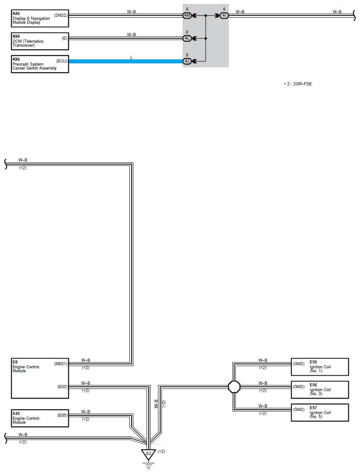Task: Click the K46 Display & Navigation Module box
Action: (40, 18)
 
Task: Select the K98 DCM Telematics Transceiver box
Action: (40, 41)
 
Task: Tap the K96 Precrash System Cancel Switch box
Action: (40, 64)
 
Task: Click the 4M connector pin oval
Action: (187, 15)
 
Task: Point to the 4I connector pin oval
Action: (224, 15)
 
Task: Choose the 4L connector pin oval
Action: (187, 38)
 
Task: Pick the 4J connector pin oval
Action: (187, 61)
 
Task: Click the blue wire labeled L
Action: (126, 61)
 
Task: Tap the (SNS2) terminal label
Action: (61, 15)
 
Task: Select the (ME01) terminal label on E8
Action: (61, 364)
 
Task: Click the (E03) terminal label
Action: (62, 387)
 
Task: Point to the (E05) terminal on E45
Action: (62, 415)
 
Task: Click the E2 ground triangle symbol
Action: (148, 455)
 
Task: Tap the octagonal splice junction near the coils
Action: (234, 387)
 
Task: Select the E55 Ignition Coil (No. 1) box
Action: (320, 367)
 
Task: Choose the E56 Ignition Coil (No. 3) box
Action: (320, 390)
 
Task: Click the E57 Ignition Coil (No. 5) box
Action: (320, 412)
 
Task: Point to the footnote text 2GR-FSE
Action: (302, 84)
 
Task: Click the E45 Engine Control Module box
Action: (40, 418)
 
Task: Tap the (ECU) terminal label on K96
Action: (62, 61)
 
